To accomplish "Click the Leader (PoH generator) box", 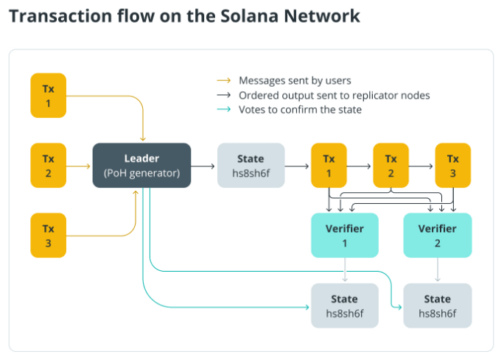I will coord(141,166).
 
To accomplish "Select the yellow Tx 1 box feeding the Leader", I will coord(48,95).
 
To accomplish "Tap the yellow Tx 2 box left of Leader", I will coord(48,166).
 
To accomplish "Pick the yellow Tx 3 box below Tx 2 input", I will coord(48,236).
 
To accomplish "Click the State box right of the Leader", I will coord(251,166).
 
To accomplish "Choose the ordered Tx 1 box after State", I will coord(329,166).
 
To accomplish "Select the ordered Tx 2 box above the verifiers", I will coord(391,166).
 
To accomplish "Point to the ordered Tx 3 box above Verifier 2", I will coord(452,166).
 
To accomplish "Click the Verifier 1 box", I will coord(345,236).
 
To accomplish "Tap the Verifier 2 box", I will coord(437,236).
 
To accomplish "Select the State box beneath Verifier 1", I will coord(345,306).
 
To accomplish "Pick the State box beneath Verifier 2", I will coord(437,306).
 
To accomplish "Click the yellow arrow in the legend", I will coord(223,80).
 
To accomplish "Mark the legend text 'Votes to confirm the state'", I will coord(300,110).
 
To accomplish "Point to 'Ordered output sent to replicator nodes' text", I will coord(334,95).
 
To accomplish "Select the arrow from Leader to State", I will coord(204,166).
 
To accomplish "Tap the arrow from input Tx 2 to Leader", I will coord(79,166).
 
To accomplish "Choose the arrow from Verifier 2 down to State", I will coord(437,270).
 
